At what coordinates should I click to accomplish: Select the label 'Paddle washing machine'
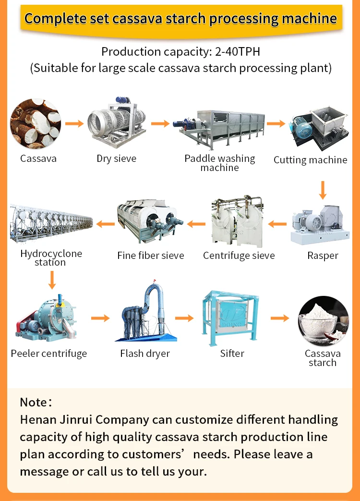[x=219, y=163]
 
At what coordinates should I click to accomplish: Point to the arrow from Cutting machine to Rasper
[x=323, y=190]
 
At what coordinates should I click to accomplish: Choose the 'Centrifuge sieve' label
[x=239, y=256]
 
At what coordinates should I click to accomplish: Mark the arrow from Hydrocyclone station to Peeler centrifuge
[x=52, y=279]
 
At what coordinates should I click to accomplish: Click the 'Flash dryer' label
[x=145, y=354]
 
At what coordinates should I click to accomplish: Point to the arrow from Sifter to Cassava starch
[x=280, y=318]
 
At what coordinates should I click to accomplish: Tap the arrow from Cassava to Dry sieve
[x=74, y=123]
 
